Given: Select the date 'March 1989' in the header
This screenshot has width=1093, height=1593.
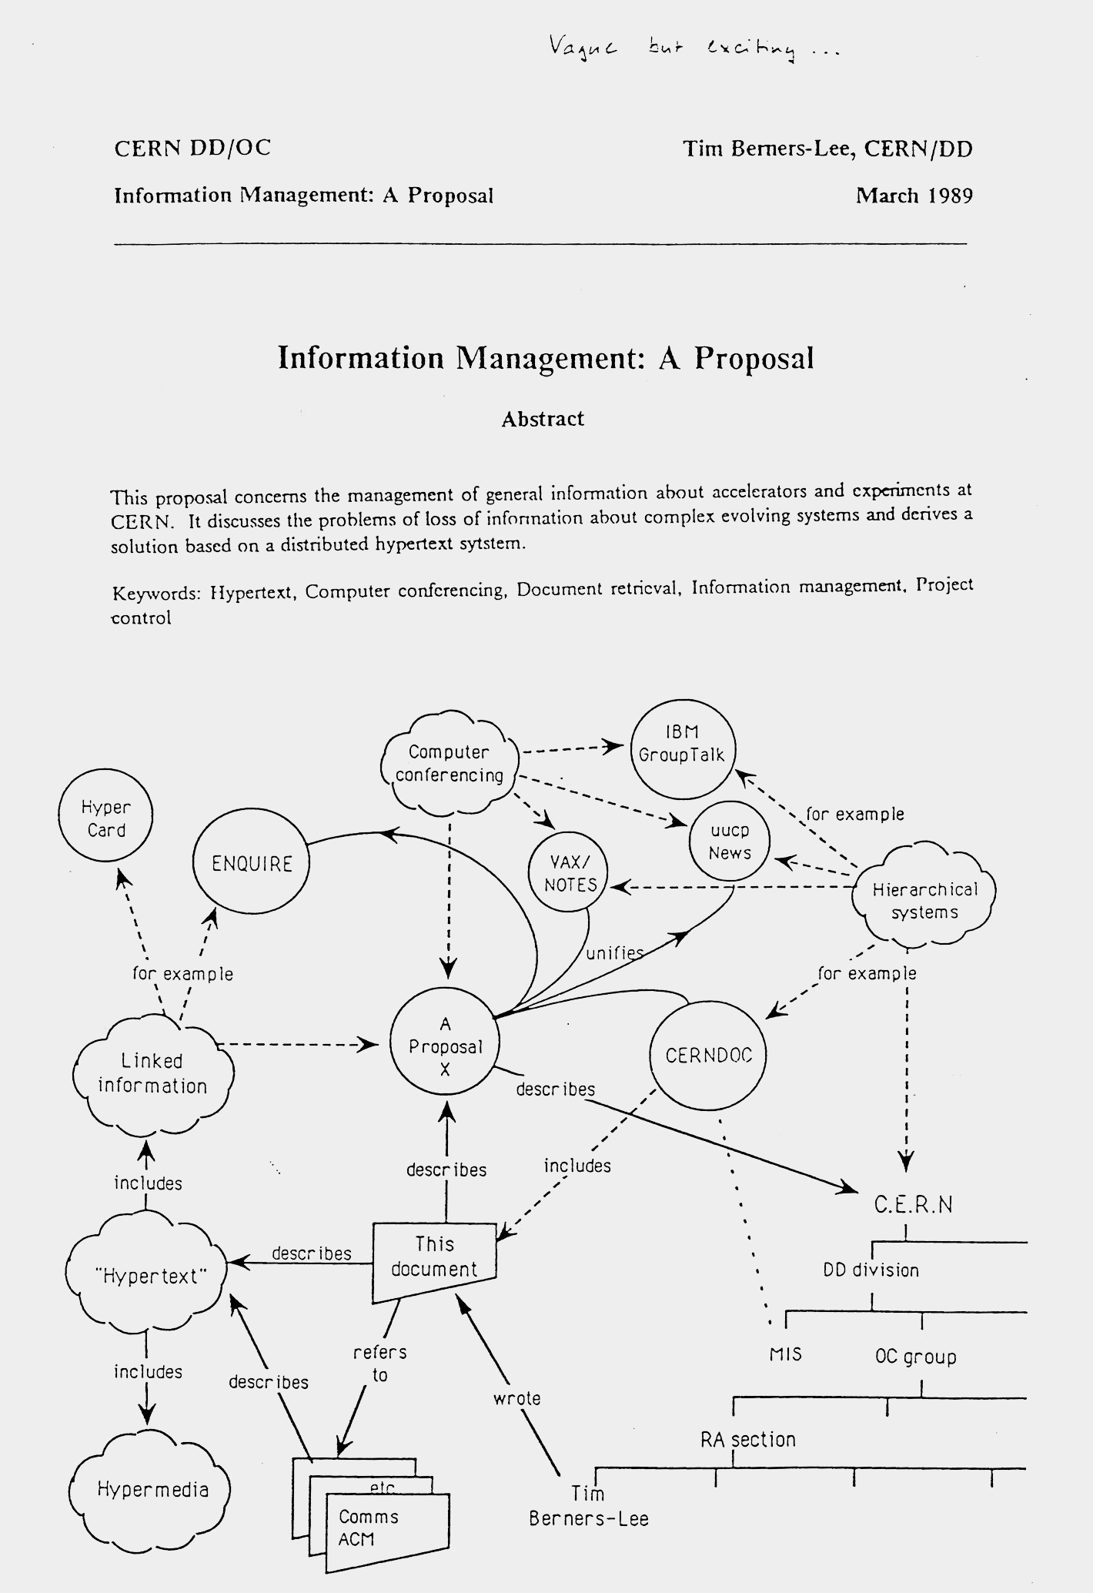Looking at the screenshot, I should pos(914,196).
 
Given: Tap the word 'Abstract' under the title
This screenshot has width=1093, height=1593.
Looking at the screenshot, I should pos(543,419).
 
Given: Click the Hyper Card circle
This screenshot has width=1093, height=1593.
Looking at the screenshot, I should pos(106,818).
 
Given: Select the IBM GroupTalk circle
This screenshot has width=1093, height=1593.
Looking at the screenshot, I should pos(682,749).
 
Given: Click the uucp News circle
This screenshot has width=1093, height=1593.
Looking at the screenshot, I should pos(729,842).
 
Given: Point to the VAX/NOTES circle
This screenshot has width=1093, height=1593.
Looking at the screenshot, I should pos(570,875).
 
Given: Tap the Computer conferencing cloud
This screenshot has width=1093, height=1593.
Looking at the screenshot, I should pos(449,764).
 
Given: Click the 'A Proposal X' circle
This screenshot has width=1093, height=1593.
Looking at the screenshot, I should pos(445,1046).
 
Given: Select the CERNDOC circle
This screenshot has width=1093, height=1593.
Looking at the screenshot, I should pos(707,1055).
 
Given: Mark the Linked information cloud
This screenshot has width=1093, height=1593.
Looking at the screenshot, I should pos(152,1073).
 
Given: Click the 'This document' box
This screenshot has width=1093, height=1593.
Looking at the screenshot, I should pos(434,1257).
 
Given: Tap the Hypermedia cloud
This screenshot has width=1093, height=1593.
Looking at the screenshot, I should pos(152,1489).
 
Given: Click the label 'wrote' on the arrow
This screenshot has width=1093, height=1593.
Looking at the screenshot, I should pos(517,1397).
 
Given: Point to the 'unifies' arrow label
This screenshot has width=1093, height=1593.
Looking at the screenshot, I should pos(614,953).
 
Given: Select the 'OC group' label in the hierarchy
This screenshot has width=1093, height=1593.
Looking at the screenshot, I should pos(915,1357).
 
